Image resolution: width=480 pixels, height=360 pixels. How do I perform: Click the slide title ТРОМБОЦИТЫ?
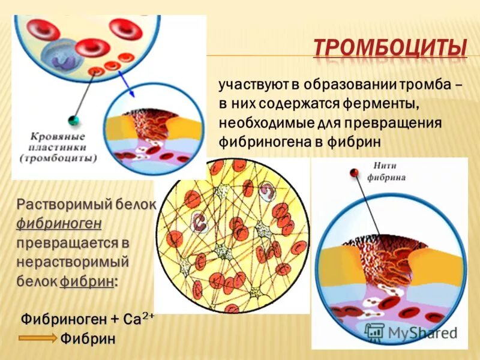(x=390, y=47)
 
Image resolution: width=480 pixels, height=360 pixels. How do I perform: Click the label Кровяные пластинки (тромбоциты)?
(x=57, y=148)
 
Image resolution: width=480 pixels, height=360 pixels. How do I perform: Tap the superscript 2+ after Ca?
(x=148, y=314)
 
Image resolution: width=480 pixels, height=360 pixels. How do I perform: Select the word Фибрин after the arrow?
(x=88, y=338)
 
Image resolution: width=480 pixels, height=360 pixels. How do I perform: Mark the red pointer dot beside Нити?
(x=355, y=173)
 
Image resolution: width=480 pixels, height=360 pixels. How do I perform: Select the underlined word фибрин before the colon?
(x=86, y=282)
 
